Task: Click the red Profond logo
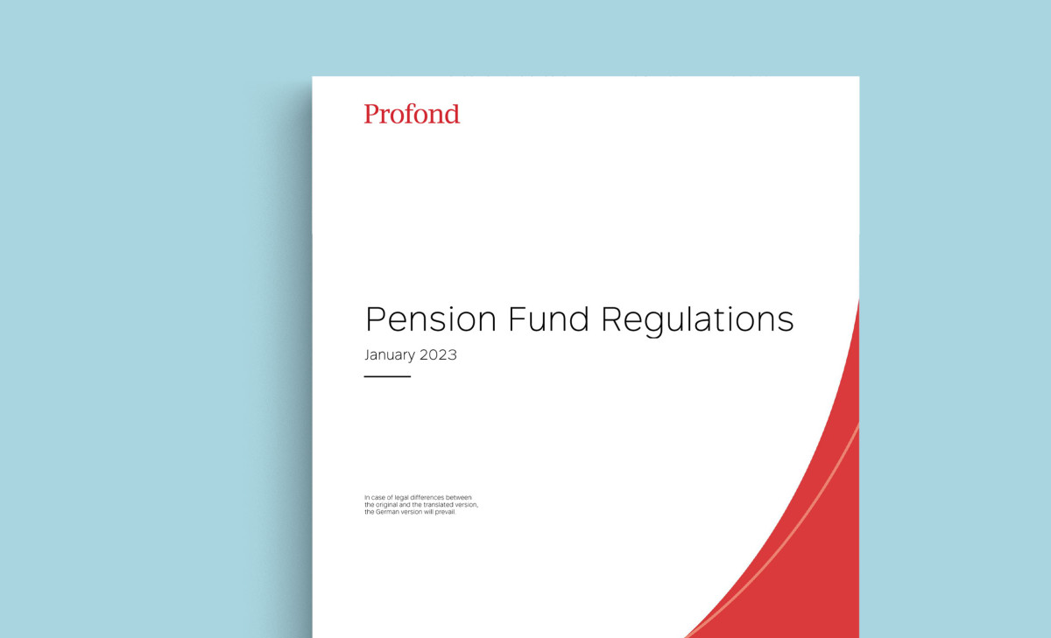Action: pyautogui.click(x=412, y=114)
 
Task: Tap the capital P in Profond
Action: pyautogui.click(x=371, y=114)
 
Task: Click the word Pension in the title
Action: pyautogui.click(x=431, y=319)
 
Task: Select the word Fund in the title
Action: pyautogui.click(x=548, y=319)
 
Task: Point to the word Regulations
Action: pyautogui.click(x=697, y=321)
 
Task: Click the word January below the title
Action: pyautogui.click(x=390, y=355)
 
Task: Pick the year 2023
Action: pyautogui.click(x=438, y=354)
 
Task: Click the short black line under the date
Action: pyautogui.click(x=387, y=376)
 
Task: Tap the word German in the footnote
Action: pyautogui.click(x=386, y=512)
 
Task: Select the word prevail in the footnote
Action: pyautogui.click(x=446, y=512)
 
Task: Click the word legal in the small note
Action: pyautogui.click(x=402, y=497)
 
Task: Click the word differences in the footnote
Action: pyautogui.click(x=427, y=497)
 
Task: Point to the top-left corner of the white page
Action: pyautogui.click(x=313, y=76)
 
